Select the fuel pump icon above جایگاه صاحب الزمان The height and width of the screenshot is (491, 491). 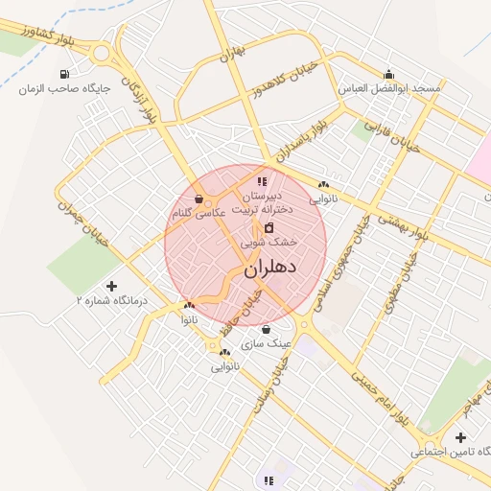64,74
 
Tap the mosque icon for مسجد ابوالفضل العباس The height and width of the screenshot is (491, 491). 388,74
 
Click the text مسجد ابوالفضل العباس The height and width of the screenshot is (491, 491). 388,88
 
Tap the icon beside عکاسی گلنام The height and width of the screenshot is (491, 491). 199,199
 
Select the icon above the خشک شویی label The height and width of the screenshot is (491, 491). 268,228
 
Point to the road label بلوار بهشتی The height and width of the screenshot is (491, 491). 402,227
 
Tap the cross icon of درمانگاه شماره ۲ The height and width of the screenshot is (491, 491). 111,286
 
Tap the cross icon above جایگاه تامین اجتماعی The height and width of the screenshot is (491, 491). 461,437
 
